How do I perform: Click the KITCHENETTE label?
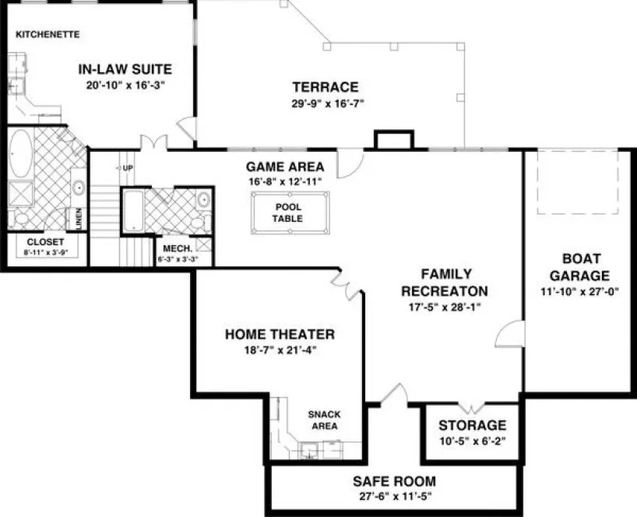48,35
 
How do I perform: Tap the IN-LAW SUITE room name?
125,69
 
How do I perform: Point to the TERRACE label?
325,86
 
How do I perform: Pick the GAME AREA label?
284,167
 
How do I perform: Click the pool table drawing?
287,213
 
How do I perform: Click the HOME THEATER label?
280,335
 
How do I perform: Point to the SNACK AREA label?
323,420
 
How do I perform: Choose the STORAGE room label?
472,426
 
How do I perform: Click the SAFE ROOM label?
394,480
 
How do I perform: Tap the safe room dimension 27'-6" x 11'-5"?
394,495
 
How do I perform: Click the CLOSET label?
46,242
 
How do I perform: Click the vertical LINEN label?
79,219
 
